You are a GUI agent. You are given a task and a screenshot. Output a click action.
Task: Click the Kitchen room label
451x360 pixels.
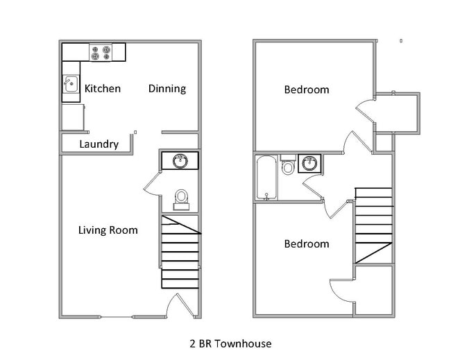coord(102,89)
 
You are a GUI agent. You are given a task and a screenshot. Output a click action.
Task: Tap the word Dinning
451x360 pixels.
coord(167,89)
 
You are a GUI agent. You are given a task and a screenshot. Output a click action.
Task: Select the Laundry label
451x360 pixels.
coord(99,144)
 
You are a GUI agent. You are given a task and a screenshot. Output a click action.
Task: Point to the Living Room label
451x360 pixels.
coord(108,230)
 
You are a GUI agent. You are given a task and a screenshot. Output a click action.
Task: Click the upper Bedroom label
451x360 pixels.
coord(306,89)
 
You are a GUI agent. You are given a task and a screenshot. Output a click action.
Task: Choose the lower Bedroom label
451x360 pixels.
coord(306,244)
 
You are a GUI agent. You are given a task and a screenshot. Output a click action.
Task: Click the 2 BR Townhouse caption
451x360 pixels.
coord(230,343)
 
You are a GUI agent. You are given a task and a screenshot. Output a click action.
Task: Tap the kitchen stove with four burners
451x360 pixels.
coord(101,52)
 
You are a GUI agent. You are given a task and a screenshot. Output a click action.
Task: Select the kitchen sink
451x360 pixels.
coord(71,85)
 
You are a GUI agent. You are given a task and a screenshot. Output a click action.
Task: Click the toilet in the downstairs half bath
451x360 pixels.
coord(182,198)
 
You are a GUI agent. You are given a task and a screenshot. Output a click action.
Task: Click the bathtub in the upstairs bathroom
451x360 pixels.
coord(266,178)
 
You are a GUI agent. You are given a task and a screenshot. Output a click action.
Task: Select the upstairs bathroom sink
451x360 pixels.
coord(309,164)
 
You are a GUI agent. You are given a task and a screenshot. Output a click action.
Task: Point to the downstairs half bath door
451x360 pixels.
coord(152,185)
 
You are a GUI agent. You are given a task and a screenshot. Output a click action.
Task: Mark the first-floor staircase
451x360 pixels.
coord(180,251)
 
